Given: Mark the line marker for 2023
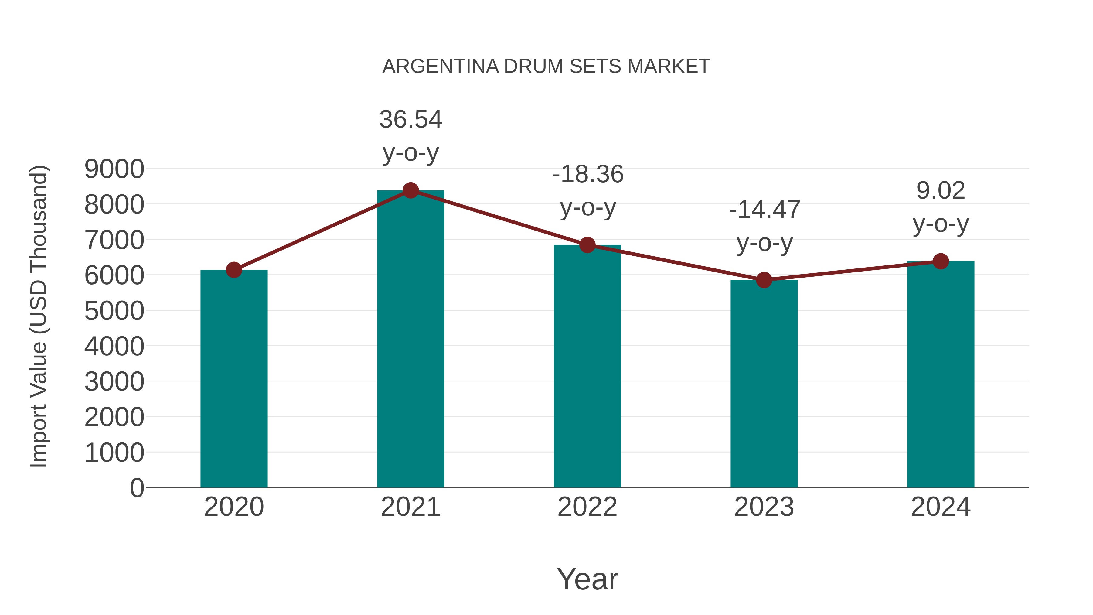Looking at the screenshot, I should [764, 280].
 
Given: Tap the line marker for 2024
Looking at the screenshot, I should [941, 261].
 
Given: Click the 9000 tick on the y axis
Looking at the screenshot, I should [114, 169].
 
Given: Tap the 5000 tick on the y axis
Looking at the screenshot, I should [114, 311].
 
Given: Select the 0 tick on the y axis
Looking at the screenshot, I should [137, 488].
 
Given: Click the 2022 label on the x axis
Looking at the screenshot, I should [587, 507].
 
